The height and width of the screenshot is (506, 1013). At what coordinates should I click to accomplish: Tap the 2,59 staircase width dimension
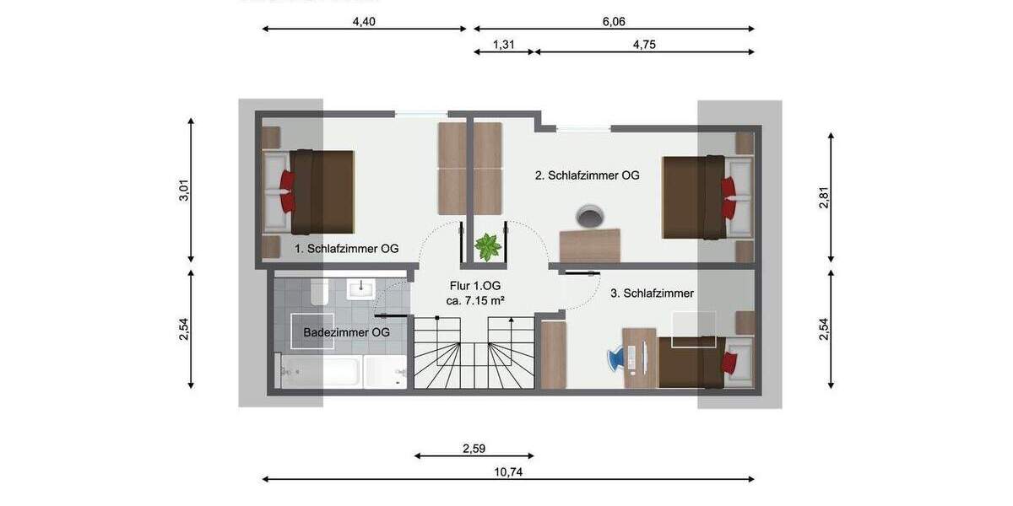474,449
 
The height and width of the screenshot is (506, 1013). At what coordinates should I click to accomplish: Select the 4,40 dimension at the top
363,22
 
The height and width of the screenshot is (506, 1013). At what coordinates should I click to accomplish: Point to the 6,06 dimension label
614,22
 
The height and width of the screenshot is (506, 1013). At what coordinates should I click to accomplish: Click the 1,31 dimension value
504,45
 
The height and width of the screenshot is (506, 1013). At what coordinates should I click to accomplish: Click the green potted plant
487,248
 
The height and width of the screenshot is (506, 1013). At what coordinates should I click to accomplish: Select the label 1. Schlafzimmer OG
346,249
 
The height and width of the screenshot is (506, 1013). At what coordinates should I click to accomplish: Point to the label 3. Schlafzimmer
652,293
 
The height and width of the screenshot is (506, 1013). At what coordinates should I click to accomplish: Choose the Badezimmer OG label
346,332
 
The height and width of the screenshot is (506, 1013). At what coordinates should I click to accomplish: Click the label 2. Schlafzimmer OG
587,176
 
